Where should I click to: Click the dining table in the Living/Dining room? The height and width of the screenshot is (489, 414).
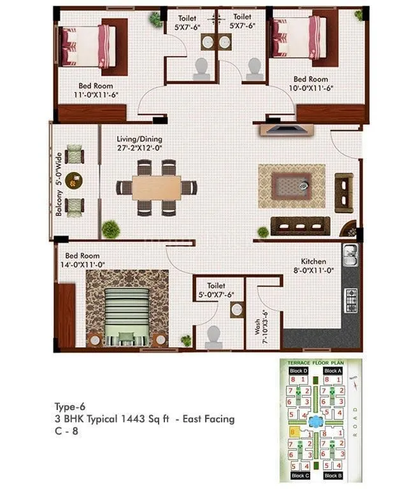coord(156,187)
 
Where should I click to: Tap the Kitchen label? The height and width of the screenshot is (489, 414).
coord(313,262)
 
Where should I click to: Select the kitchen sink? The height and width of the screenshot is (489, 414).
coord(350,256)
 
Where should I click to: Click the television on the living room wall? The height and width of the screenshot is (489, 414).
coord(287,130)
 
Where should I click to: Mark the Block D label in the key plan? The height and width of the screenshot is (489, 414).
coord(298,371)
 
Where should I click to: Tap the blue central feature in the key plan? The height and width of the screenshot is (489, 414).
coord(315,421)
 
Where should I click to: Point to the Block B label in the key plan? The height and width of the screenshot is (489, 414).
coord(332,476)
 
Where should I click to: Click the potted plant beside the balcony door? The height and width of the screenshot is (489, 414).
coord(111,227)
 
